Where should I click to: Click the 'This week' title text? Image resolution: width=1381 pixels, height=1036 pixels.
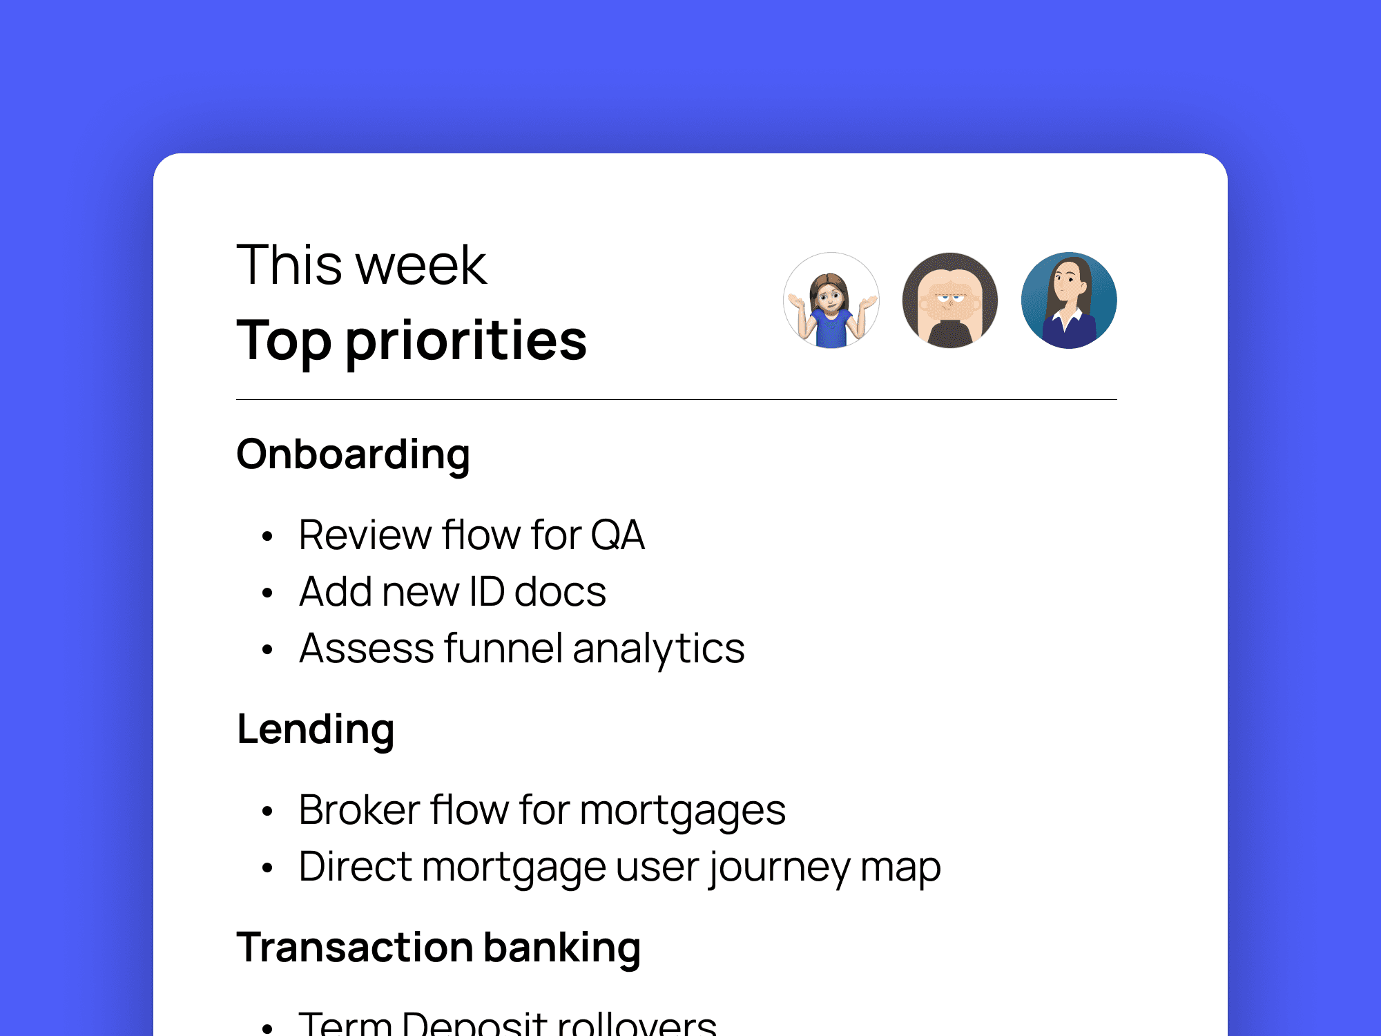(361, 265)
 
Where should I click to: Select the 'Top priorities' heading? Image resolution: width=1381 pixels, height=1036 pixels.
(412, 340)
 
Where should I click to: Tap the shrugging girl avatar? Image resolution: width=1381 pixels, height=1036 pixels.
(831, 300)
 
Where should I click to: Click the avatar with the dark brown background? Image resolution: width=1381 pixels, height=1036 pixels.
(950, 300)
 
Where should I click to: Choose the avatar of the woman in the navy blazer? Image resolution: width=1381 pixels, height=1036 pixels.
(1069, 300)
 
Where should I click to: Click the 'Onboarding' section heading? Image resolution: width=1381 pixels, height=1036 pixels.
(353, 455)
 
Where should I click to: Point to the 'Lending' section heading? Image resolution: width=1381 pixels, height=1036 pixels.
(316, 730)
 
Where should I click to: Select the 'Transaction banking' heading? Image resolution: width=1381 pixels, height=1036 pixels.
(438, 948)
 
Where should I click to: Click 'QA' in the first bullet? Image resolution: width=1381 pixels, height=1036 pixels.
(617, 535)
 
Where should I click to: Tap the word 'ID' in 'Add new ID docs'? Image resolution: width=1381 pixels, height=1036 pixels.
(487, 592)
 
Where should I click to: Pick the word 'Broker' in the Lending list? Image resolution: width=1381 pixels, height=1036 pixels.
(359, 810)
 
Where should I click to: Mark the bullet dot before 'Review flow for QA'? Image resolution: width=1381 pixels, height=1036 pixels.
(268, 537)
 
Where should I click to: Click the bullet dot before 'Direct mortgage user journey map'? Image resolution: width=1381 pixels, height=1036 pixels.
(268, 868)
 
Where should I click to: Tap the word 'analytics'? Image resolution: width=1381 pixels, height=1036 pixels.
(658, 649)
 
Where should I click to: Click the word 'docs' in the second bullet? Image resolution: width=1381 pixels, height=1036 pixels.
(560, 592)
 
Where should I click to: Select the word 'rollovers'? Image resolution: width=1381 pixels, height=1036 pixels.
(637, 1024)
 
